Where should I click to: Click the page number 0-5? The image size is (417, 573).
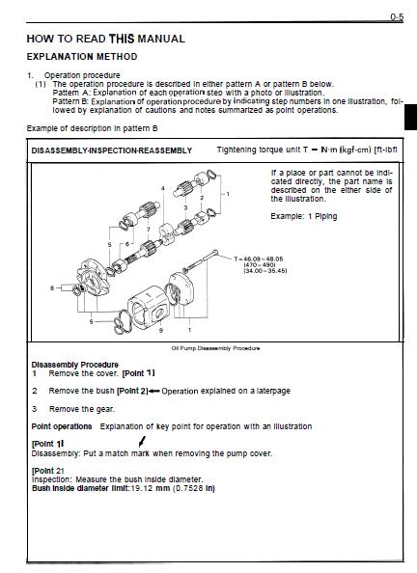pyautogui.click(x=397, y=16)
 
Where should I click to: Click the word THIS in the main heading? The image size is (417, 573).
pyautogui.click(x=122, y=39)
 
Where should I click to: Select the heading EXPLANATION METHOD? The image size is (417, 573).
pyautogui.click(x=82, y=57)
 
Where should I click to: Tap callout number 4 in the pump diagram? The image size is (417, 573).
pyautogui.click(x=163, y=188)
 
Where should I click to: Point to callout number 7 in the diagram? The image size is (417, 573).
pyautogui.click(x=148, y=230)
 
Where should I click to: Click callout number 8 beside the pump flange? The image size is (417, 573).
pyautogui.click(x=52, y=288)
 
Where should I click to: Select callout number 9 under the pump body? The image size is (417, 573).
pyautogui.click(x=161, y=330)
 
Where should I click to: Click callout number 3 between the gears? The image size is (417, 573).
pyautogui.click(x=185, y=207)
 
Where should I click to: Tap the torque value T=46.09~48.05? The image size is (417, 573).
pyautogui.click(x=259, y=259)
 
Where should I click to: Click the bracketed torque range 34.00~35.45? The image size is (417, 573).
pyautogui.click(x=265, y=271)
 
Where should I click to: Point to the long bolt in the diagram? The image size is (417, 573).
pyautogui.click(x=201, y=260)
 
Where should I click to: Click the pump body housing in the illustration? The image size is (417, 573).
pyautogui.click(x=148, y=305)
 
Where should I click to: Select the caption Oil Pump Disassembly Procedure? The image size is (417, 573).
pyautogui.click(x=216, y=348)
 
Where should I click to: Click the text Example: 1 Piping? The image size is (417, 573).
pyautogui.click(x=304, y=216)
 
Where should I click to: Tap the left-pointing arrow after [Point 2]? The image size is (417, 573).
pyautogui.click(x=154, y=391)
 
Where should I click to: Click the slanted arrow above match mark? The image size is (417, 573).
pyautogui.click(x=143, y=441)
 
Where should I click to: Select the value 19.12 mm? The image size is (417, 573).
pyautogui.click(x=150, y=488)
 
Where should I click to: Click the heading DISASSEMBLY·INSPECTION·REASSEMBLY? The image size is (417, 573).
pyautogui.click(x=112, y=150)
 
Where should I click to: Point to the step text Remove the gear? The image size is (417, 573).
pyautogui.click(x=82, y=409)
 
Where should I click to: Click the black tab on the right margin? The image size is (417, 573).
pyautogui.click(x=410, y=117)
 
